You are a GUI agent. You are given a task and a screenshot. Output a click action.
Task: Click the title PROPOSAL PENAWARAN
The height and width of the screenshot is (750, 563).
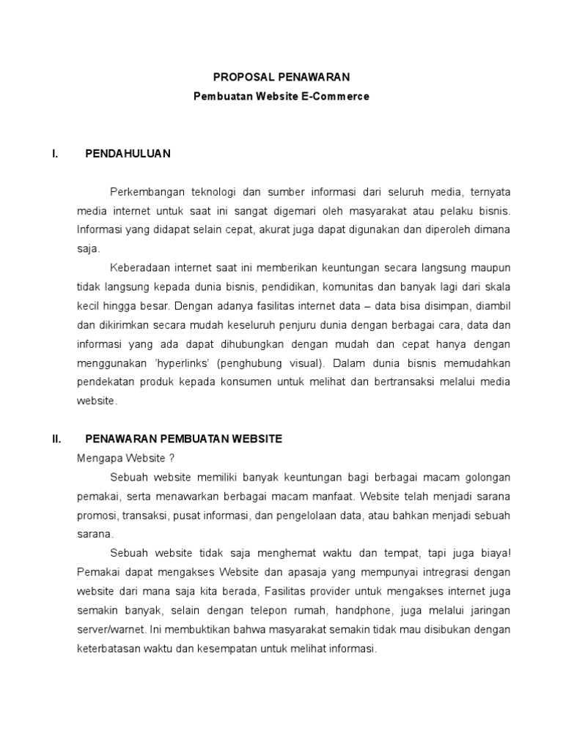(x=281, y=76)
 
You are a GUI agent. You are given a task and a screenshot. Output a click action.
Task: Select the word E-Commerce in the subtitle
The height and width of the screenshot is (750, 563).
(x=336, y=96)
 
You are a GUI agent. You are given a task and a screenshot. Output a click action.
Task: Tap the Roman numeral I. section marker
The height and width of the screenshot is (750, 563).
(x=55, y=153)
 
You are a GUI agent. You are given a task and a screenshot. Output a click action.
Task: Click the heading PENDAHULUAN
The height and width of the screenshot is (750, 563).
(x=128, y=153)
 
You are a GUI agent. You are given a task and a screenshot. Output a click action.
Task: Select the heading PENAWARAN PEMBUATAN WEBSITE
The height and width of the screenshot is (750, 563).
(x=183, y=439)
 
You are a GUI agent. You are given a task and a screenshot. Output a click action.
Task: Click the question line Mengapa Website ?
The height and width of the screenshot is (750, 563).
(x=125, y=458)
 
